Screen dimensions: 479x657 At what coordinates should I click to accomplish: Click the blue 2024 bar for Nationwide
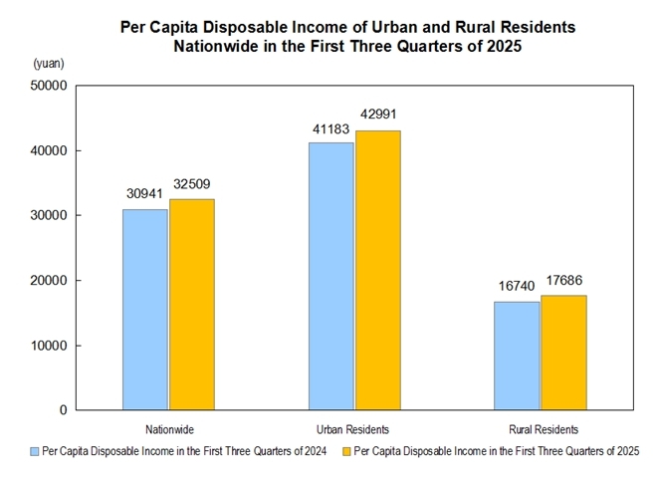click(x=145, y=310)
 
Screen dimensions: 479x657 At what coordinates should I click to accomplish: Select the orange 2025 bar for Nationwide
click(x=191, y=305)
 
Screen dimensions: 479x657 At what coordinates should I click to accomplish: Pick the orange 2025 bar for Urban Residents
click(x=377, y=270)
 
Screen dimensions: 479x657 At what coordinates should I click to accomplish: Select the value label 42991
click(x=377, y=114)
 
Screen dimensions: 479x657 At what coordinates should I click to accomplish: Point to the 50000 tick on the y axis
click(x=49, y=86)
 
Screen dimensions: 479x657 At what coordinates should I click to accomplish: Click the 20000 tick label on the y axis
click(x=49, y=281)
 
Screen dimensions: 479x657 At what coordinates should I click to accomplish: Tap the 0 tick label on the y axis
click(x=64, y=410)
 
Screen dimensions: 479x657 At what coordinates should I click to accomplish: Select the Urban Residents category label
click(x=353, y=429)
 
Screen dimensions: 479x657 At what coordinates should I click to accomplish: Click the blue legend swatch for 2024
click(x=34, y=452)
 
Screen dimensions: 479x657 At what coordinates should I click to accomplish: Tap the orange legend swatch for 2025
click(x=345, y=452)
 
